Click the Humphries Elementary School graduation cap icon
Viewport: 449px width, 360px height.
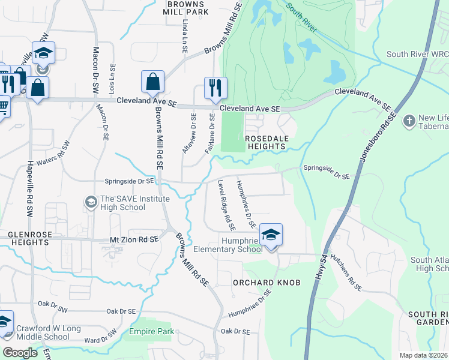pyautogui.click(x=271, y=235)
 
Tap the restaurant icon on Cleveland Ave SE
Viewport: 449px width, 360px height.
pyautogui.click(x=215, y=88)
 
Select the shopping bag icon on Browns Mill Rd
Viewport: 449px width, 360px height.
pyautogui.click(x=152, y=82)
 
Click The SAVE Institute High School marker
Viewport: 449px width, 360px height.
pyautogui.click(x=91, y=200)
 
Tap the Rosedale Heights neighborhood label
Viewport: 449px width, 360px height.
pyautogui.click(x=265, y=142)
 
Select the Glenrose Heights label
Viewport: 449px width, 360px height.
pyautogui.click(x=28, y=238)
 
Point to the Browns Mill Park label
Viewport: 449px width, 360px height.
pyautogui.click(x=186, y=8)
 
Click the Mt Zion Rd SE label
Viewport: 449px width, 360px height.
pyautogui.click(x=134, y=239)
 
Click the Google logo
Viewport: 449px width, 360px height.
pyautogui.click(x=20, y=352)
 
